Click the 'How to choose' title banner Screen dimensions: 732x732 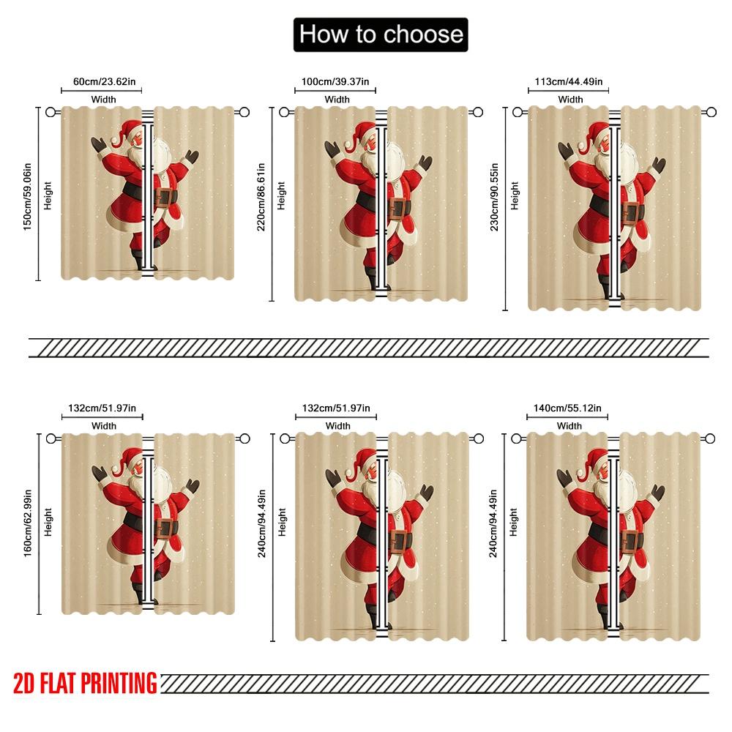click(x=381, y=34)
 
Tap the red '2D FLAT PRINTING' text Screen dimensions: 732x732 click(x=85, y=682)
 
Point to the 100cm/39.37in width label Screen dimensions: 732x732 click(x=336, y=82)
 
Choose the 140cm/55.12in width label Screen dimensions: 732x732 click(x=569, y=408)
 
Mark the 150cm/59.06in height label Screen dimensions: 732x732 click(x=27, y=193)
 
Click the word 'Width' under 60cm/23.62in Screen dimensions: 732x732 click(x=103, y=99)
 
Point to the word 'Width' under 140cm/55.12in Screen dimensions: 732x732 click(x=569, y=425)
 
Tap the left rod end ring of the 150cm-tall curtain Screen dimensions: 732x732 click(x=51, y=112)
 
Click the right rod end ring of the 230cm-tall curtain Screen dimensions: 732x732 click(x=711, y=112)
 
